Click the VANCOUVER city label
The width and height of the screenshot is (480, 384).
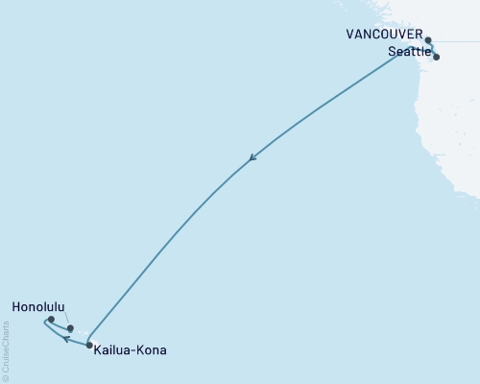pyautogui.click(x=385, y=33)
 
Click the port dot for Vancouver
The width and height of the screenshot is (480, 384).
pyautogui.click(x=429, y=40)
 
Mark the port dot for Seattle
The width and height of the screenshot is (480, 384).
pyautogui.click(x=437, y=57)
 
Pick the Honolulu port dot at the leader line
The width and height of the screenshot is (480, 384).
pyautogui.click(x=70, y=328)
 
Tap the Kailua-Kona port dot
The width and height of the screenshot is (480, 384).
pyautogui.click(x=90, y=346)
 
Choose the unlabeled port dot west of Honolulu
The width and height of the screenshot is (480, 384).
pyautogui.click(x=51, y=320)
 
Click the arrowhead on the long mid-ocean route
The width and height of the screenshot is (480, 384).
pyautogui.click(x=252, y=159)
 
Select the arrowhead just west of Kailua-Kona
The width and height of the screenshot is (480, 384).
pyautogui.click(x=66, y=339)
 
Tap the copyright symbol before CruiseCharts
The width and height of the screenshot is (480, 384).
pyautogui.click(x=6, y=377)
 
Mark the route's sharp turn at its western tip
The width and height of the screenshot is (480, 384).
pyautogui.click(x=44, y=324)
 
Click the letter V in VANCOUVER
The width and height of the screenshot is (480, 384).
pyautogui.click(x=350, y=33)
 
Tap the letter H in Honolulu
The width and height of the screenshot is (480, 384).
pyautogui.click(x=17, y=308)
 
